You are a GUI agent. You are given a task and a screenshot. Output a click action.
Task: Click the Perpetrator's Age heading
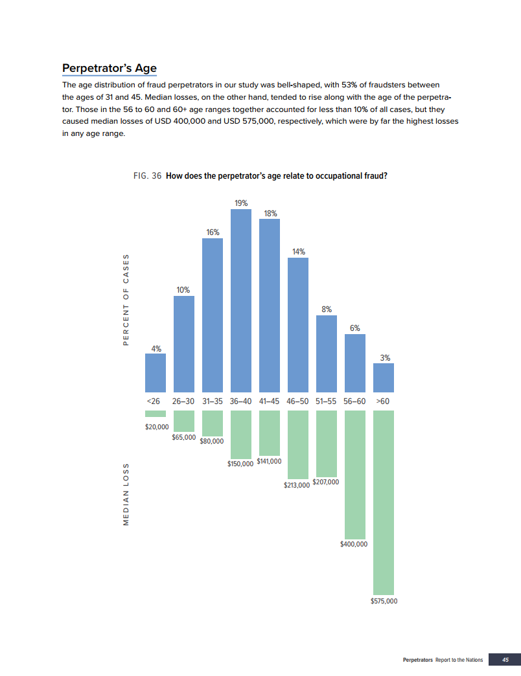[109, 69]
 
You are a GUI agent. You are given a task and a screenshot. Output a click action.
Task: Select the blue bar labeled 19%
[241, 298]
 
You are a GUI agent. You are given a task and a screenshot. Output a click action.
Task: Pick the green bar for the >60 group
[384, 502]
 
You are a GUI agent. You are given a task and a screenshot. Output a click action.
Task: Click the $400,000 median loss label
[354, 544]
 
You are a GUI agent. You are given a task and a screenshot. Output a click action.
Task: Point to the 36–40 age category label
[241, 401]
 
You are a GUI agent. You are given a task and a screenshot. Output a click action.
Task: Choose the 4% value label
[156, 348]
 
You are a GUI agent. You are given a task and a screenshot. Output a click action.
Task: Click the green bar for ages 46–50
[298, 444]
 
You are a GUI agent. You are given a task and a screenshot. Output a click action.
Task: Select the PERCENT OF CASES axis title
[126, 299]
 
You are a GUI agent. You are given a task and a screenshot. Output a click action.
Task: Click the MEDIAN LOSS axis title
[126, 494]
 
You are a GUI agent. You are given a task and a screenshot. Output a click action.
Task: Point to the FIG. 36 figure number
[147, 175]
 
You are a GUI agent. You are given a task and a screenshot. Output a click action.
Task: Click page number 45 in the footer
[505, 660]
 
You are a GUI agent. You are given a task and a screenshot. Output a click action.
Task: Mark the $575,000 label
[384, 601]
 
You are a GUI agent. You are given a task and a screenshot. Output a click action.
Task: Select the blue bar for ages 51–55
[327, 351]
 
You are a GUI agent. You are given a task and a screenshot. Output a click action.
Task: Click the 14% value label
[298, 252]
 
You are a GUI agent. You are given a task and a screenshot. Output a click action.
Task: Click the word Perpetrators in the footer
[417, 660]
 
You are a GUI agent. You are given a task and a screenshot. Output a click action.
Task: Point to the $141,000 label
[270, 461]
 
